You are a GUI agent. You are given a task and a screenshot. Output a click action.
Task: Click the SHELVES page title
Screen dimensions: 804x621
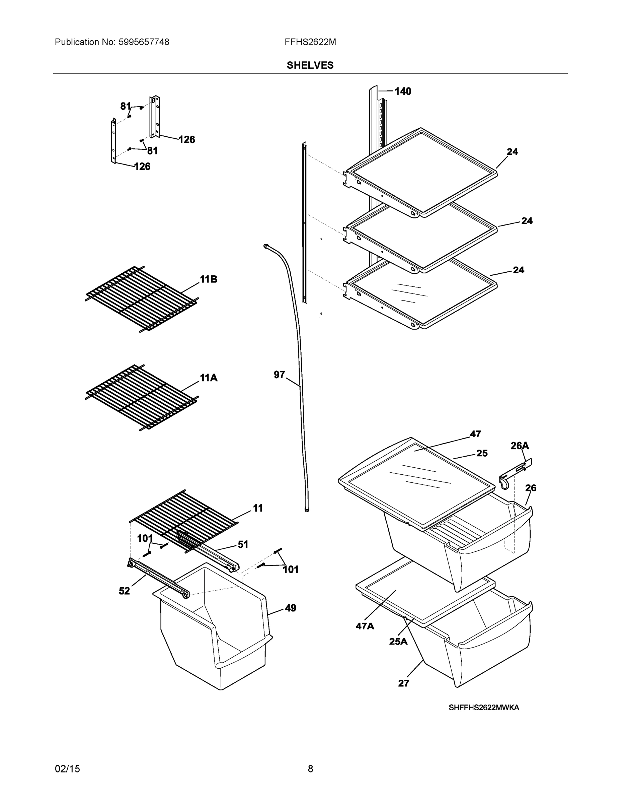[x=310, y=65]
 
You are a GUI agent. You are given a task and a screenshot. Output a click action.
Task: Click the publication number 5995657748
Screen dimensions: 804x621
[x=144, y=42]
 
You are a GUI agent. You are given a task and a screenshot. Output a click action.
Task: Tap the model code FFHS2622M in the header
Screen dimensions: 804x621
[x=310, y=42]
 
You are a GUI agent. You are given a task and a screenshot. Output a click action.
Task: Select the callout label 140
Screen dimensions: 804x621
[x=403, y=91]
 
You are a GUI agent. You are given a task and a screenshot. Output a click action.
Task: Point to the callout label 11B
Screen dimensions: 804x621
[x=209, y=279]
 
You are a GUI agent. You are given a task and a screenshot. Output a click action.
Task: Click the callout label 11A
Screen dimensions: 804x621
[x=209, y=378]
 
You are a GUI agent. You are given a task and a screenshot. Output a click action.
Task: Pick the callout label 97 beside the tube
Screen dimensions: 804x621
[x=279, y=375]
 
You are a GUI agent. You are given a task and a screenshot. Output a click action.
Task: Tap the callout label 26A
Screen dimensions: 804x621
[x=520, y=446]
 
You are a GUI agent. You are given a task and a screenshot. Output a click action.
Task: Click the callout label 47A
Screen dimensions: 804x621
[x=365, y=626]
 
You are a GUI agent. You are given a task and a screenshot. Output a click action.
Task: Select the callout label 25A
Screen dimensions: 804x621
[x=398, y=641]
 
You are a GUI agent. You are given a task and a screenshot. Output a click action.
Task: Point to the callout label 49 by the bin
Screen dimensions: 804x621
[x=290, y=608]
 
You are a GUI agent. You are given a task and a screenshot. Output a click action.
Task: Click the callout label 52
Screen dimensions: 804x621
[x=124, y=591]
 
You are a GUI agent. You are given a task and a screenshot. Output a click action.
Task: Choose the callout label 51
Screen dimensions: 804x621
[x=243, y=544]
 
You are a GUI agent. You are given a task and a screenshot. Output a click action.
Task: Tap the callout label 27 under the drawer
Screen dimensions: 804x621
[x=404, y=683]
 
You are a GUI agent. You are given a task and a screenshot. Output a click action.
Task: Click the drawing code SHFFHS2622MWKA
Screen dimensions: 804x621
[x=483, y=708]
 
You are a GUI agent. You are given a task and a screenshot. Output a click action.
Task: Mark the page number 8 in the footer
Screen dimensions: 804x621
[x=310, y=769]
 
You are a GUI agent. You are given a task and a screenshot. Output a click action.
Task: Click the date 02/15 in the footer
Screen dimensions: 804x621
[x=67, y=769]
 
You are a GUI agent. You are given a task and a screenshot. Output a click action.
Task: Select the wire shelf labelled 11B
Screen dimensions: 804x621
[x=142, y=299]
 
